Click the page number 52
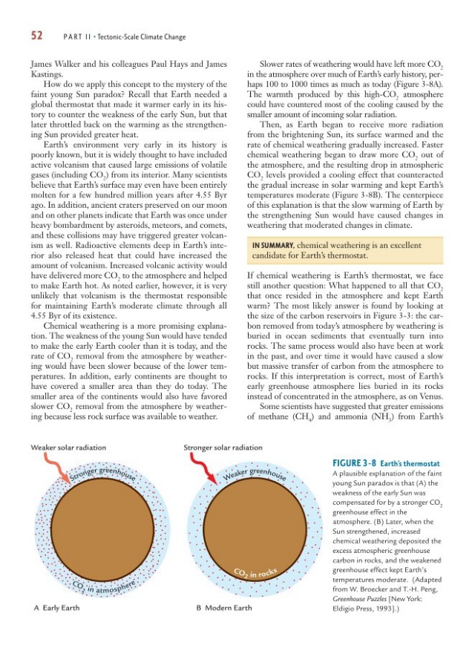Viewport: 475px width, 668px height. point(37,36)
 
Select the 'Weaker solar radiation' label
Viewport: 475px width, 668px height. point(68,448)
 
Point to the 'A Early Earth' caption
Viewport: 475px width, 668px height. point(57,608)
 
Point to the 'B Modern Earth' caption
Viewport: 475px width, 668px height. point(223,608)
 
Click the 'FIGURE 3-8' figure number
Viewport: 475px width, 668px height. point(355,463)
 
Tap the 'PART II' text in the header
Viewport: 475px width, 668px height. point(76,37)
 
